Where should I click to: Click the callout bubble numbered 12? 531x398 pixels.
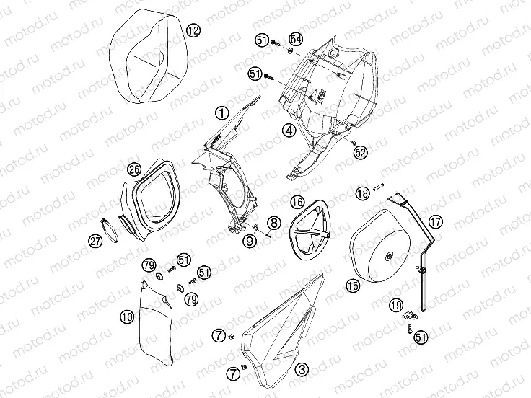(x=193, y=30)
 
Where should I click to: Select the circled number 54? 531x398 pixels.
(x=297, y=38)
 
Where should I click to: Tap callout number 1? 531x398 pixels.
(x=221, y=112)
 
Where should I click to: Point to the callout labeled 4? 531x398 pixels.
(x=288, y=131)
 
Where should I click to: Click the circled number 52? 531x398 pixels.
(x=361, y=153)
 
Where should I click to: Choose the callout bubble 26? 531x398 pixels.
(x=133, y=170)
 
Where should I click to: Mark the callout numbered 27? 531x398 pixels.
(x=95, y=242)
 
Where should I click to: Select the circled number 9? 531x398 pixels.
(x=249, y=242)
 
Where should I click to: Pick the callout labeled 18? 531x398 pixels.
(x=363, y=193)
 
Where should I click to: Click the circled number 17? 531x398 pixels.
(x=435, y=221)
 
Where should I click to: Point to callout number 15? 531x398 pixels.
(x=351, y=286)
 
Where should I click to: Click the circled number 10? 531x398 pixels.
(x=126, y=315)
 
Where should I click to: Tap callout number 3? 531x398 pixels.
(x=302, y=368)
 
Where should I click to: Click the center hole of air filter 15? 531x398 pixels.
(x=390, y=255)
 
